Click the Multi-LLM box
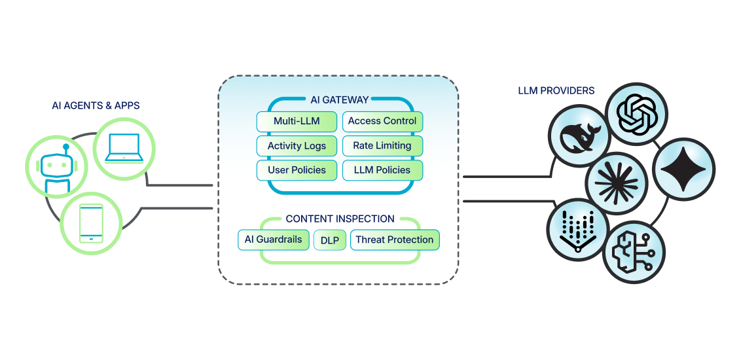point(297,121)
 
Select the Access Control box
point(382,121)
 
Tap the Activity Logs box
point(297,146)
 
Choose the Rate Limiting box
point(382,146)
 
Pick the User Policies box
point(297,170)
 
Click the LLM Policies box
point(382,170)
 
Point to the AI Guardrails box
point(273,240)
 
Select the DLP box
point(330,240)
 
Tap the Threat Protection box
point(394,240)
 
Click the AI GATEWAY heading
point(339,100)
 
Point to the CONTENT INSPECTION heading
point(340,219)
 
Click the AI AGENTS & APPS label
point(96,105)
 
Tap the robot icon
point(56,170)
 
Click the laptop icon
point(123,149)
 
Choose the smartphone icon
point(91,223)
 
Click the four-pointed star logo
point(683,170)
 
